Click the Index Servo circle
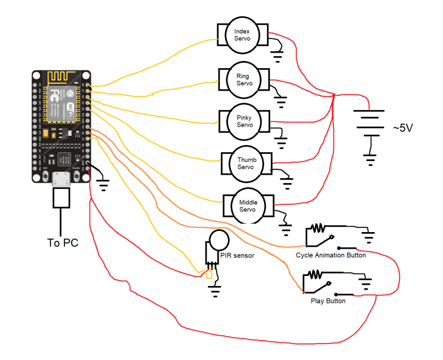242,35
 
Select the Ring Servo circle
243,79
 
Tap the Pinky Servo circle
245,121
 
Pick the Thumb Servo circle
246,163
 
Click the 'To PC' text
62,243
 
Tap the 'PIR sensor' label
236,256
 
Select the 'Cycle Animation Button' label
330,255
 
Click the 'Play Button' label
328,301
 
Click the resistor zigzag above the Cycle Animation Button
319,227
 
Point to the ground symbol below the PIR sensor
213,290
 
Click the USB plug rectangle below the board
62,198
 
